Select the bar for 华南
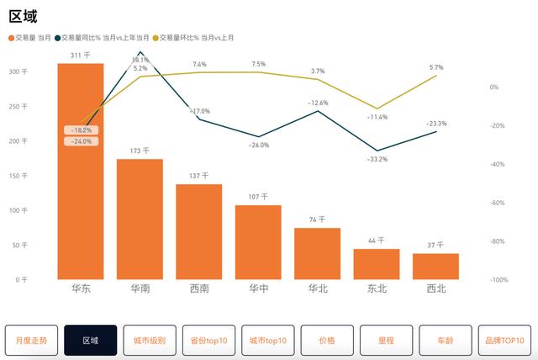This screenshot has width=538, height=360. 140,219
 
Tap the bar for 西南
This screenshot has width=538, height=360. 198,231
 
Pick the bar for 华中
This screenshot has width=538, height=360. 258,241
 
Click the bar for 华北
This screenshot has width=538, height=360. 317,253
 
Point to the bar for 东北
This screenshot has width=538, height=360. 377,263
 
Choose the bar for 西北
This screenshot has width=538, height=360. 435,266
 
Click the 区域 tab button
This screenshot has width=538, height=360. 90,340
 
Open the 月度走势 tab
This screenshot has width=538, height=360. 31,340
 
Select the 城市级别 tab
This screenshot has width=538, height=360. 149,340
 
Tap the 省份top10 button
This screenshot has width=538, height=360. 208,340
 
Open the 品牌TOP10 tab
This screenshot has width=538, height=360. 504,340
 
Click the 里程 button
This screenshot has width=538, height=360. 386,340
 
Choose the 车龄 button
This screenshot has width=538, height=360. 445,340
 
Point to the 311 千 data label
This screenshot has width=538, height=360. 81,56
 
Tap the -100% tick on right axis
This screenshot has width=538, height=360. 498,279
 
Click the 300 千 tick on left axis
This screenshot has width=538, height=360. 18,71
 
